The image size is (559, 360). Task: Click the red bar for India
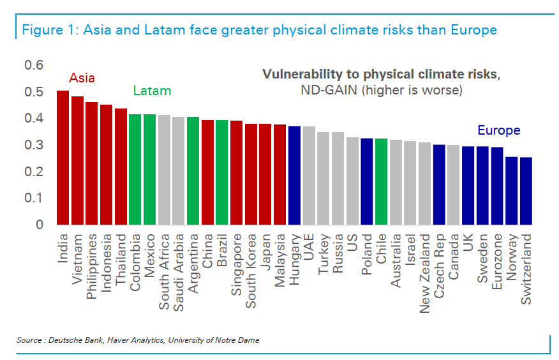(x=63, y=158)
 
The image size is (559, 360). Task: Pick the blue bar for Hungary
(x=294, y=175)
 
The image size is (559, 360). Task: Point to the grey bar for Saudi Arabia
(x=178, y=170)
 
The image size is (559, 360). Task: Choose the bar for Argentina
(x=193, y=170)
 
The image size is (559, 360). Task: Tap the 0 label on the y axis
(x=40, y=225)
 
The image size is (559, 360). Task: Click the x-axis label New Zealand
(x=424, y=273)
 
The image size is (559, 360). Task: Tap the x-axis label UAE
(x=309, y=246)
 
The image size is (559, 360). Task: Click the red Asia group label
(x=82, y=78)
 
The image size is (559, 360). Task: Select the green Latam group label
(x=152, y=91)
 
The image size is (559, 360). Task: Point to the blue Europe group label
(x=498, y=131)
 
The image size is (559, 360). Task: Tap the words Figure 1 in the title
(x=45, y=29)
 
